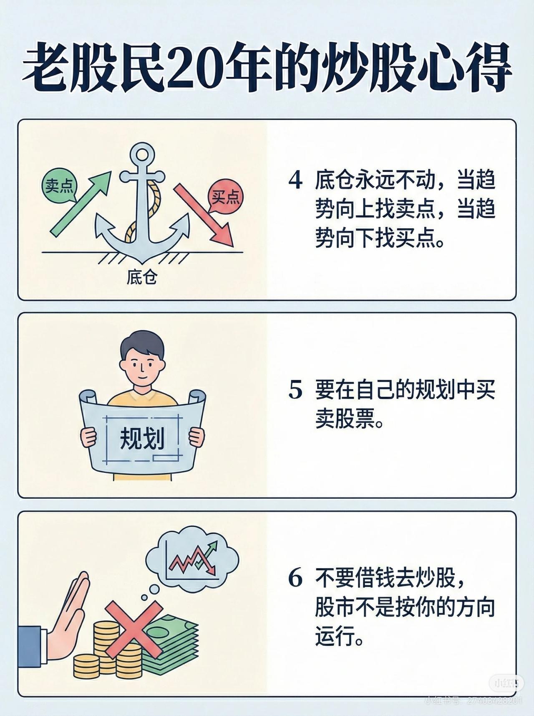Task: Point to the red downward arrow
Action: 204,215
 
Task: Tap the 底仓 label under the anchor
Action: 142,277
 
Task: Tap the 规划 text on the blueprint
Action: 142,439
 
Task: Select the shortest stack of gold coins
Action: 86,666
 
